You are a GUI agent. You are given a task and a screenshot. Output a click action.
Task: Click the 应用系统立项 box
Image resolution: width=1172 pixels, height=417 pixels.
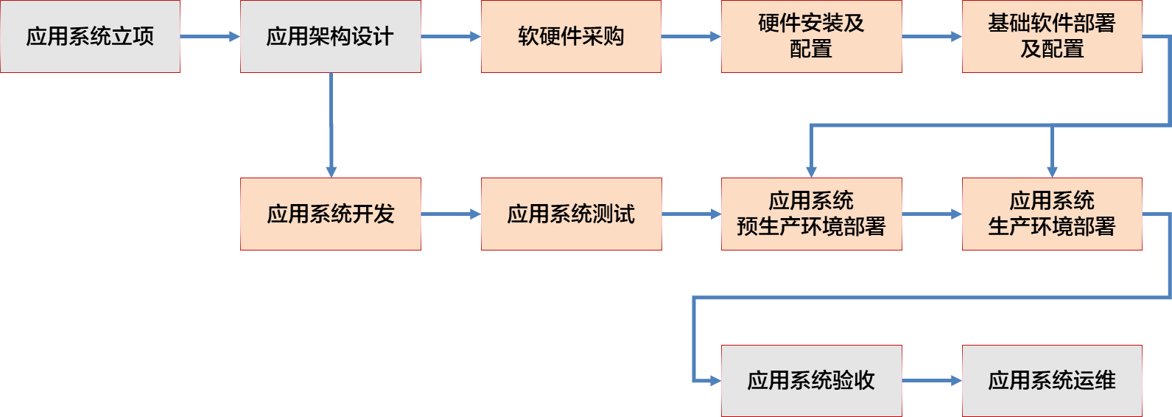pyautogui.click(x=90, y=36)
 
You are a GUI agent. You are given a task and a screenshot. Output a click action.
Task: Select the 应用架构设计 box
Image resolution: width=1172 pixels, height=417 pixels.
pyautogui.click(x=331, y=36)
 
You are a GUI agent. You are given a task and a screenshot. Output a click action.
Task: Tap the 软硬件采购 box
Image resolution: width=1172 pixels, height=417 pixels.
pyautogui.click(x=571, y=36)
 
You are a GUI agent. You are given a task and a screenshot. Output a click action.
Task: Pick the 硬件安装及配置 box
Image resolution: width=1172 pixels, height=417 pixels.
pyautogui.click(x=812, y=36)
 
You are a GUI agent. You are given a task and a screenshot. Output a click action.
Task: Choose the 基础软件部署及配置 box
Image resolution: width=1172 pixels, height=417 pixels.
pyautogui.click(x=1052, y=36)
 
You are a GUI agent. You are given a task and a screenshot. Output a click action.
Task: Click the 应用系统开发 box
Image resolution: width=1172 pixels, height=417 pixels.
pyautogui.click(x=331, y=214)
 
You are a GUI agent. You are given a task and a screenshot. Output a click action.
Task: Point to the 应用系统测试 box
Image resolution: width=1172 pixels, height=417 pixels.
pyautogui.click(x=572, y=214)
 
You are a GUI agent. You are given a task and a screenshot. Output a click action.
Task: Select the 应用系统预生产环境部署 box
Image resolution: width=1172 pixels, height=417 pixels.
pyautogui.click(x=812, y=214)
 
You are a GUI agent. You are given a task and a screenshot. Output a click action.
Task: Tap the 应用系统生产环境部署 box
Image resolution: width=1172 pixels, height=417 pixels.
pyautogui.click(x=1052, y=214)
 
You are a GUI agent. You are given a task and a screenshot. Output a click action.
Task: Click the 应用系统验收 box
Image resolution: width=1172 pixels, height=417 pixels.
pyautogui.click(x=812, y=381)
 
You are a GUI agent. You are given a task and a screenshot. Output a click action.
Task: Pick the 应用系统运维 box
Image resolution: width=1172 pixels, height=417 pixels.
pyautogui.click(x=1052, y=381)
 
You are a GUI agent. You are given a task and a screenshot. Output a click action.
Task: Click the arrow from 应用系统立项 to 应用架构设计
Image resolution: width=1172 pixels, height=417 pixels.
pyautogui.click(x=211, y=37)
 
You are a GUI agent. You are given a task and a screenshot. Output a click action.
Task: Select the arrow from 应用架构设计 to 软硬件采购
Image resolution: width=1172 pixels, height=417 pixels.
pyautogui.click(x=451, y=37)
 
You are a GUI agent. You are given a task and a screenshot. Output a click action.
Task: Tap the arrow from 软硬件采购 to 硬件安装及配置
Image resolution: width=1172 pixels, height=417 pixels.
pyautogui.click(x=691, y=37)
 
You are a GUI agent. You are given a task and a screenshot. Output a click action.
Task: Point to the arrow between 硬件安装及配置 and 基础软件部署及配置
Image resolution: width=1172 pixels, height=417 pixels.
pyautogui.click(x=932, y=37)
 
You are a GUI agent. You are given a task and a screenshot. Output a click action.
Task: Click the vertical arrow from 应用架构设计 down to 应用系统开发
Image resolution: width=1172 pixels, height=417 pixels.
pyautogui.click(x=331, y=125)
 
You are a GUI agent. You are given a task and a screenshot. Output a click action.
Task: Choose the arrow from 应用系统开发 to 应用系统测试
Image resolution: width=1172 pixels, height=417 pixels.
pyautogui.click(x=451, y=214)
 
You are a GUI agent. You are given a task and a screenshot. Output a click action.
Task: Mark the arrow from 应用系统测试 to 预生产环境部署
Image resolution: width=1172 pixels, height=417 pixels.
pyautogui.click(x=692, y=214)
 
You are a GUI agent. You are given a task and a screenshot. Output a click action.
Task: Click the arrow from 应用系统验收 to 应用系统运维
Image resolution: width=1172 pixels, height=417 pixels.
pyautogui.click(x=932, y=381)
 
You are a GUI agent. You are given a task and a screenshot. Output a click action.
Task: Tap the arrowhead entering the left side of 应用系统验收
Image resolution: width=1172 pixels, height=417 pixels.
pyautogui.click(x=716, y=381)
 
